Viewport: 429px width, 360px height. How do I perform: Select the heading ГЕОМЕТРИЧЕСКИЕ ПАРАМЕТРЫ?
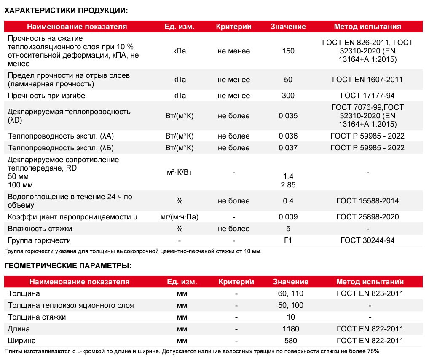click(68, 266)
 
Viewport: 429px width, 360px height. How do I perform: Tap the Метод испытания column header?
click(367, 27)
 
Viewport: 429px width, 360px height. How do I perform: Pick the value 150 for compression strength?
click(288, 51)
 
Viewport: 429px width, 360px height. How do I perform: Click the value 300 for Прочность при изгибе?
click(288, 96)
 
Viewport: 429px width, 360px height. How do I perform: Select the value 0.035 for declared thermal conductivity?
click(288, 116)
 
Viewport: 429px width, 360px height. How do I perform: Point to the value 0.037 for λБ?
click(288, 148)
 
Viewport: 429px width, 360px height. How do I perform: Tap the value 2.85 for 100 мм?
click(288, 185)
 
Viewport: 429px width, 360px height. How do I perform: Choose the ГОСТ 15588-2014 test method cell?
click(367, 201)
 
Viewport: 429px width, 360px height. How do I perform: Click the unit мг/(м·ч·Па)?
click(180, 217)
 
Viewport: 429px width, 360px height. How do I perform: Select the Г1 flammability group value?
click(288, 240)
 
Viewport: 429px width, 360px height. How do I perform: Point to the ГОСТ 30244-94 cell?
click(367, 240)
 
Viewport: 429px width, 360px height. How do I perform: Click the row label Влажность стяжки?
click(40, 229)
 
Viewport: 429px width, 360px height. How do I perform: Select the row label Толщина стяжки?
click(37, 317)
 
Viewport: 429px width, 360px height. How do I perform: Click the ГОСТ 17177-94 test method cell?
click(367, 96)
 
